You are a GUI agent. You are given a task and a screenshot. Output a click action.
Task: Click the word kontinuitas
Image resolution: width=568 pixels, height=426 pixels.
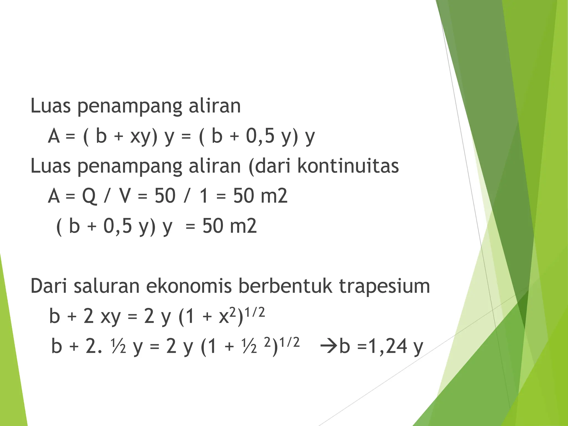click(x=348, y=166)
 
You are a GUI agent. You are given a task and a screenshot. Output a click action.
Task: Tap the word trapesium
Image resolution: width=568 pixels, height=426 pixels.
click(x=384, y=286)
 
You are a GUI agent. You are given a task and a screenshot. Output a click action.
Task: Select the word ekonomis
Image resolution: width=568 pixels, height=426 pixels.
click(x=189, y=286)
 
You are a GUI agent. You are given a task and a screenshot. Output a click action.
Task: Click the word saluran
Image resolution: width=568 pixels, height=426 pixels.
click(x=106, y=286)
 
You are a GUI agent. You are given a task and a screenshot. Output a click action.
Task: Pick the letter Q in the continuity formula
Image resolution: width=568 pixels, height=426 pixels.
click(x=89, y=196)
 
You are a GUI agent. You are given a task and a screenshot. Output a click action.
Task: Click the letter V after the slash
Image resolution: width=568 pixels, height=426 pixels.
click(x=125, y=196)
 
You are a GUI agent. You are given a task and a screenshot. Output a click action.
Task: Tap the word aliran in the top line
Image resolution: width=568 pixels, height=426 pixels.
click(x=215, y=106)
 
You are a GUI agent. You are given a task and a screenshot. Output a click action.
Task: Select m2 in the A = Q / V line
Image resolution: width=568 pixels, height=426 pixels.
click(x=274, y=196)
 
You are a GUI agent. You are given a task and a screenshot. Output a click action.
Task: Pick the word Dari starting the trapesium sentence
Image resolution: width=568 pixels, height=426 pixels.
click(x=49, y=286)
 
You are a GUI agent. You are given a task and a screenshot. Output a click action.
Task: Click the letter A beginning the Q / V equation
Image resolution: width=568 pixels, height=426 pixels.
click(x=54, y=196)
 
